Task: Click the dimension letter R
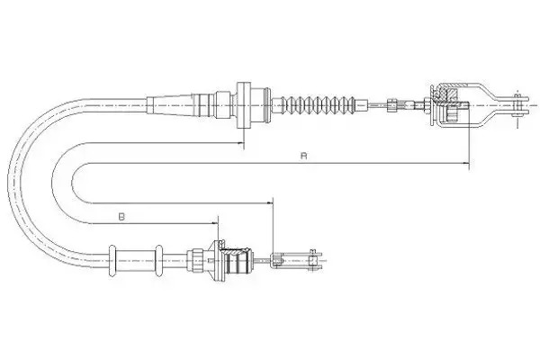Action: point(303,156)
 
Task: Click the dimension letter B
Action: point(121,217)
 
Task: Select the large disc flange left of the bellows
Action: point(244,105)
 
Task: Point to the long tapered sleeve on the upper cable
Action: point(169,104)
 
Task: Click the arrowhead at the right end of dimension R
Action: point(466,163)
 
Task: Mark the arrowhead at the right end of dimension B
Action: point(215,223)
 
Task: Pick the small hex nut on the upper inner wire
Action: point(391,104)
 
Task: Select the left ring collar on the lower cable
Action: point(112,260)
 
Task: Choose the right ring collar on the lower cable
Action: point(158,260)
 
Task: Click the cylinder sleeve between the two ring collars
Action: point(135,260)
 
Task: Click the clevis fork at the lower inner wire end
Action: point(298,260)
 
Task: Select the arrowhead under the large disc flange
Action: point(240,142)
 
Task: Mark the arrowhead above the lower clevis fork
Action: point(269,203)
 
